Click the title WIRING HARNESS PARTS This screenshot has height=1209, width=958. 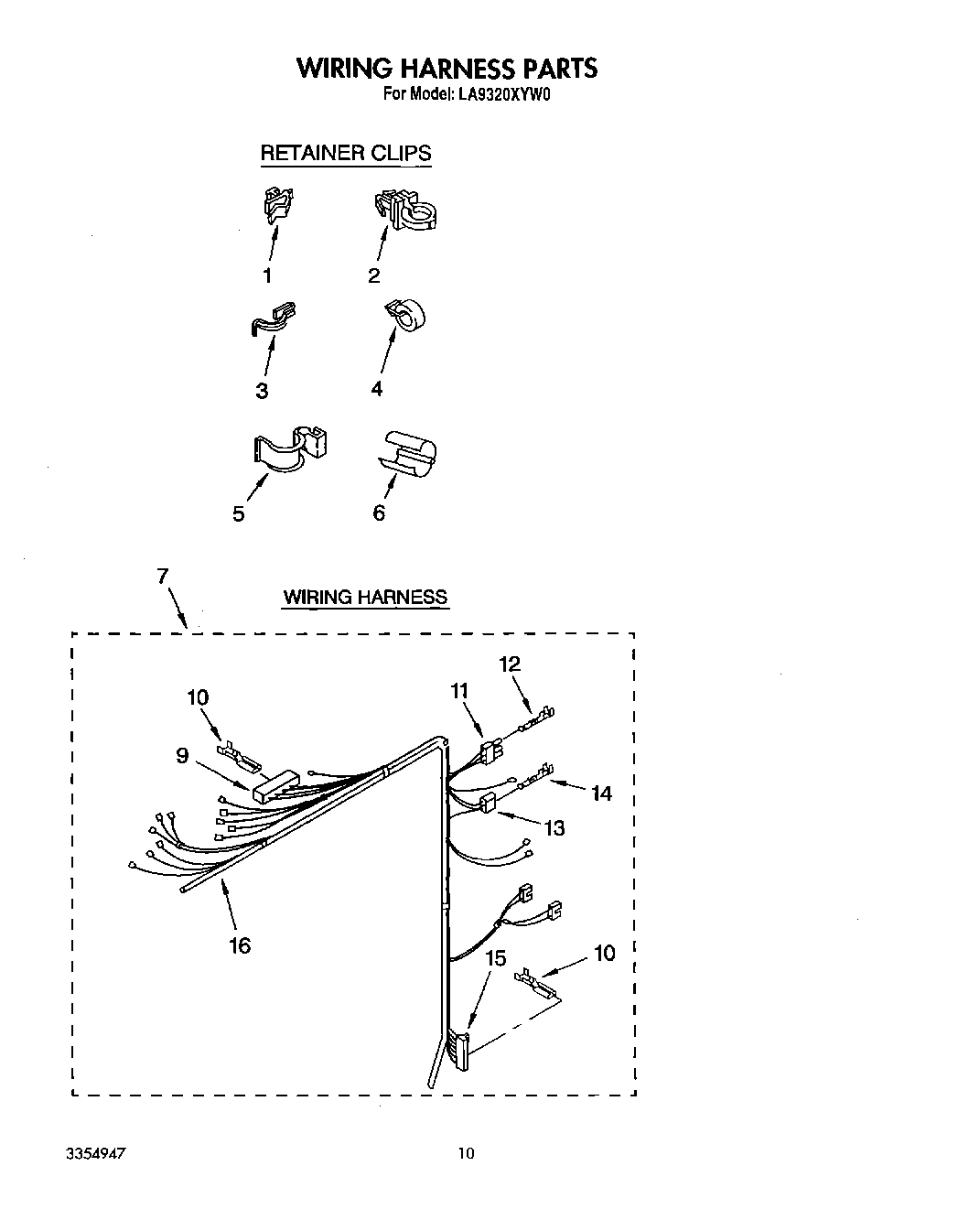pos(447,69)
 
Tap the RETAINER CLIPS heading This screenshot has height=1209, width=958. pos(345,153)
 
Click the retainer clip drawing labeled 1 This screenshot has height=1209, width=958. pos(277,205)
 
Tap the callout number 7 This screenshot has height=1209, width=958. pos(162,576)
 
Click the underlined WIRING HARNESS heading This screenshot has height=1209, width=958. pos(365,598)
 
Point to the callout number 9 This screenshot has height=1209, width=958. pos(183,755)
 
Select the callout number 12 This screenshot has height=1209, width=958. pos(510,664)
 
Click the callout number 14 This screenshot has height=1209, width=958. pos(601,793)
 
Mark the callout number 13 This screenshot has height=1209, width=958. pos(554,828)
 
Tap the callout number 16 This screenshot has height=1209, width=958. pos(239,945)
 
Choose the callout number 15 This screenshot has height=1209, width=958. pos(495,958)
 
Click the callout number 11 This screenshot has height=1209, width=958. pos(459,691)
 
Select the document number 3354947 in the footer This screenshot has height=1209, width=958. pos(96,1154)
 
